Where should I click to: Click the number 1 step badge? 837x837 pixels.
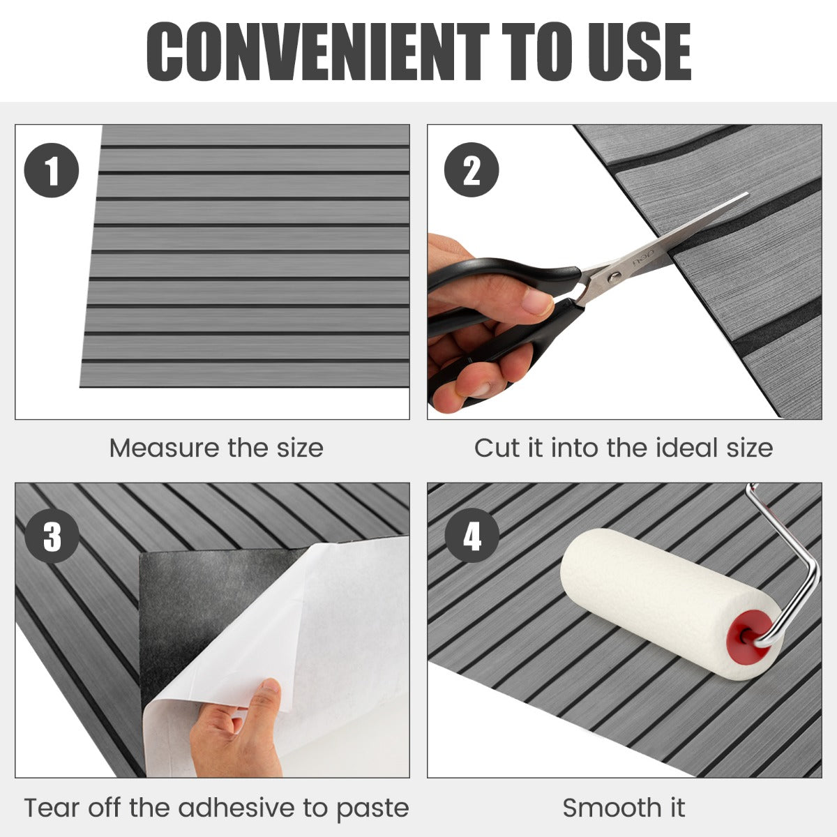pos(51,170)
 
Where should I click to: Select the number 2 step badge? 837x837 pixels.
pos(472,169)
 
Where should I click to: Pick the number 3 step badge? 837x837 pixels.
pos(52,536)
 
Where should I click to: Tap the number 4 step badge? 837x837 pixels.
pos(472,535)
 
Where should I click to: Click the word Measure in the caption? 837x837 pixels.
pos(165,448)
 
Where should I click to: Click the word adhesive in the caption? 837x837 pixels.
pos(236,808)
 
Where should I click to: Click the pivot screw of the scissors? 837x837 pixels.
pos(613,276)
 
